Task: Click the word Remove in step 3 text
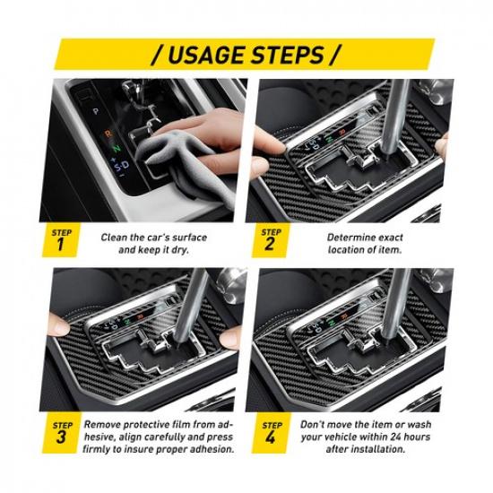coord(106,422)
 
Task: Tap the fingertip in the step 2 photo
coord(261,140)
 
